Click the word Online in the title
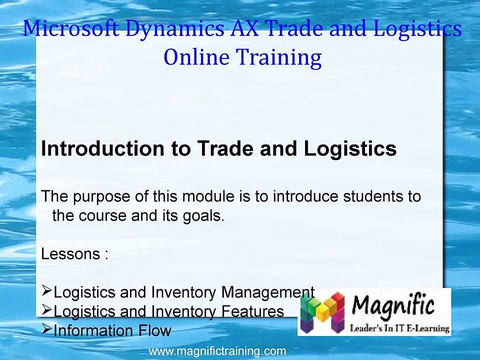click(x=196, y=57)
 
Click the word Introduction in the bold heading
click(x=103, y=148)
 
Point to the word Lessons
click(x=70, y=254)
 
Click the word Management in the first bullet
click(x=267, y=293)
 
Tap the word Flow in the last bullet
click(x=154, y=330)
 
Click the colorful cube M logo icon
click(x=322, y=312)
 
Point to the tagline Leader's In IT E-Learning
click(x=399, y=329)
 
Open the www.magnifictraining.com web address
click(x=217, y=351)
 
